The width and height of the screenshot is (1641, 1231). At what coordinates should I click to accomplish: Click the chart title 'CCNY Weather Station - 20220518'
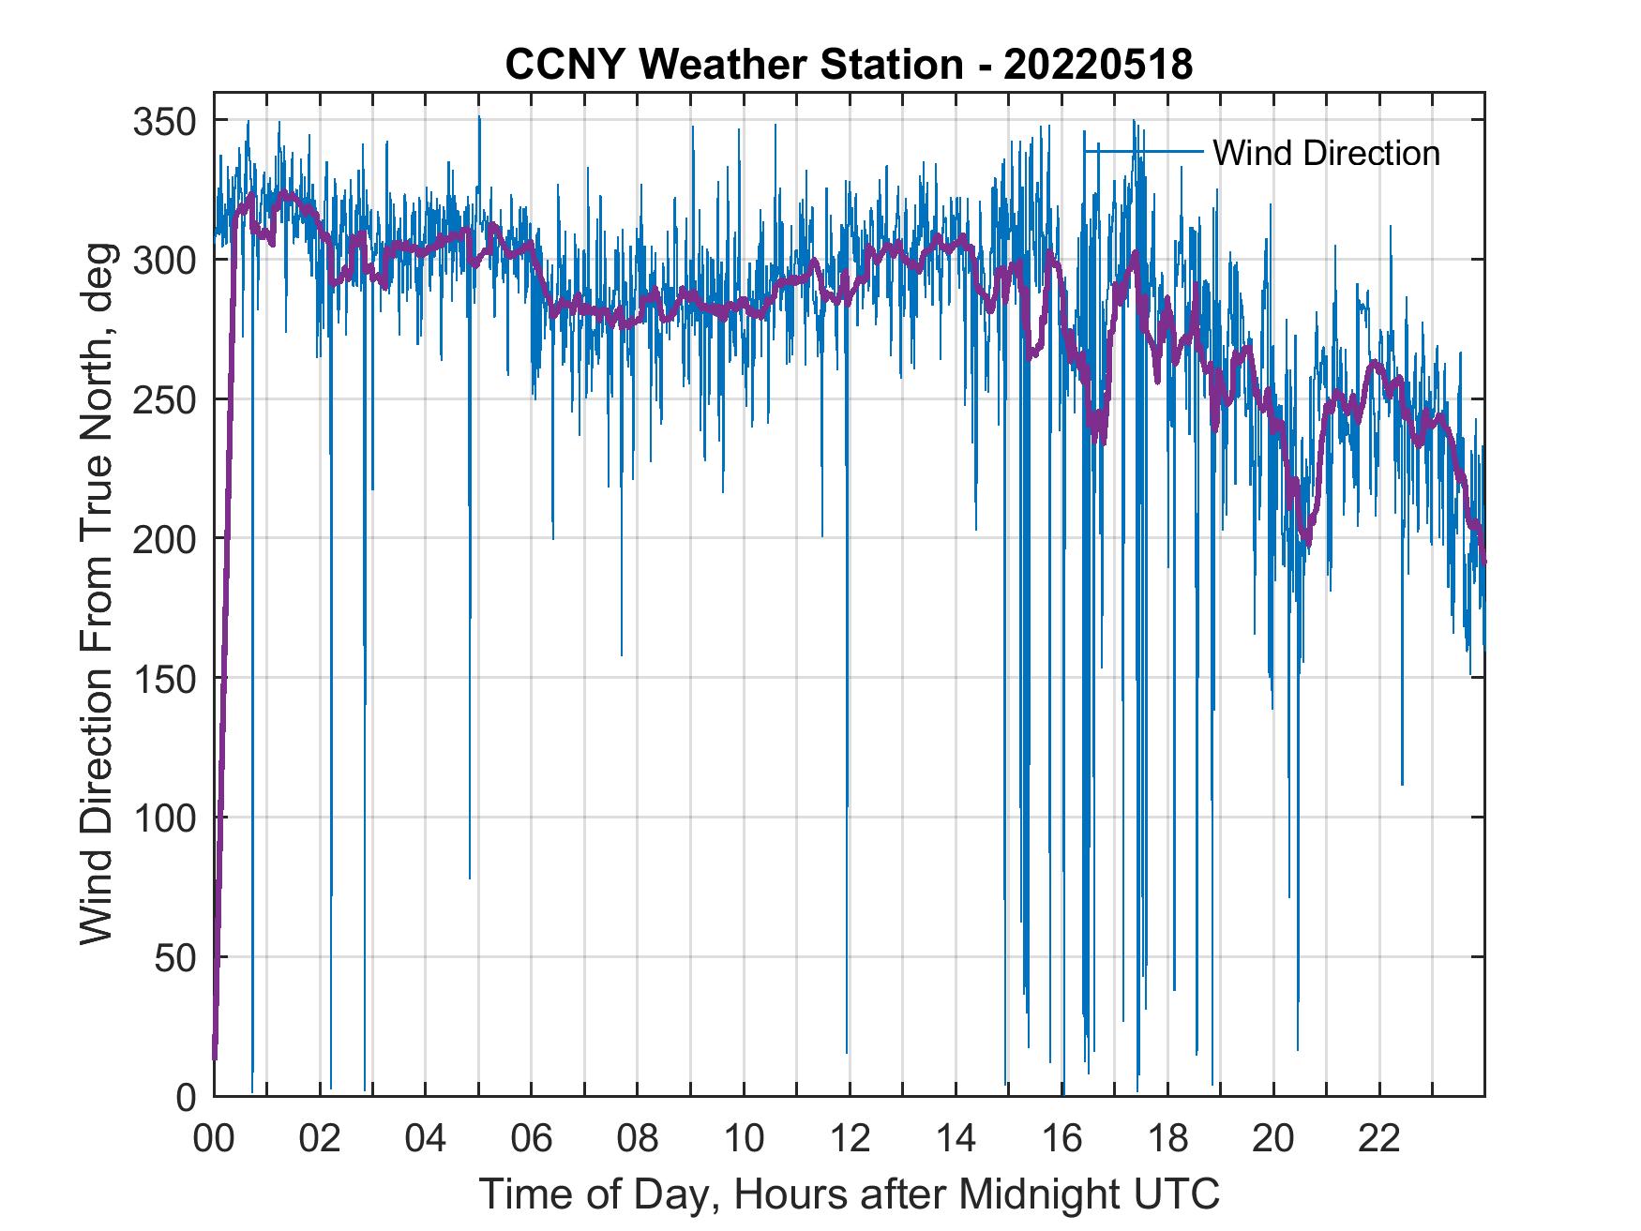[x=849, y=65]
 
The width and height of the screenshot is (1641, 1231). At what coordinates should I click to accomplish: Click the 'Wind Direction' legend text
[x=1326, y=153]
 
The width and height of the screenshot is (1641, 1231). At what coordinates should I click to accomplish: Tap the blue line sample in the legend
[x=1143, y=151]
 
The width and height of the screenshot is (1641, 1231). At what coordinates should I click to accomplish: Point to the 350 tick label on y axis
[x=164, y=121]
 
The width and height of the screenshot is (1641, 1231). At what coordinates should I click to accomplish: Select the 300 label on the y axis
[x=164, y=260]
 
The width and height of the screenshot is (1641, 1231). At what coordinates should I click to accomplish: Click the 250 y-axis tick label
[x=164, y=399]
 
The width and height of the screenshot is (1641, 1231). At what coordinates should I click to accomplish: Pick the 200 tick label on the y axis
[x=164, y=538]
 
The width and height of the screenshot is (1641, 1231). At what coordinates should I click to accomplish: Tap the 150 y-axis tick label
[x=164, y=678]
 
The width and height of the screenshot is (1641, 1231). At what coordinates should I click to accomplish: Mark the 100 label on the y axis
[x=164, y=818]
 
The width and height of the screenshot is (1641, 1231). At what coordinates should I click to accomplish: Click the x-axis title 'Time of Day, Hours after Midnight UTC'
[x=850, y=1193]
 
